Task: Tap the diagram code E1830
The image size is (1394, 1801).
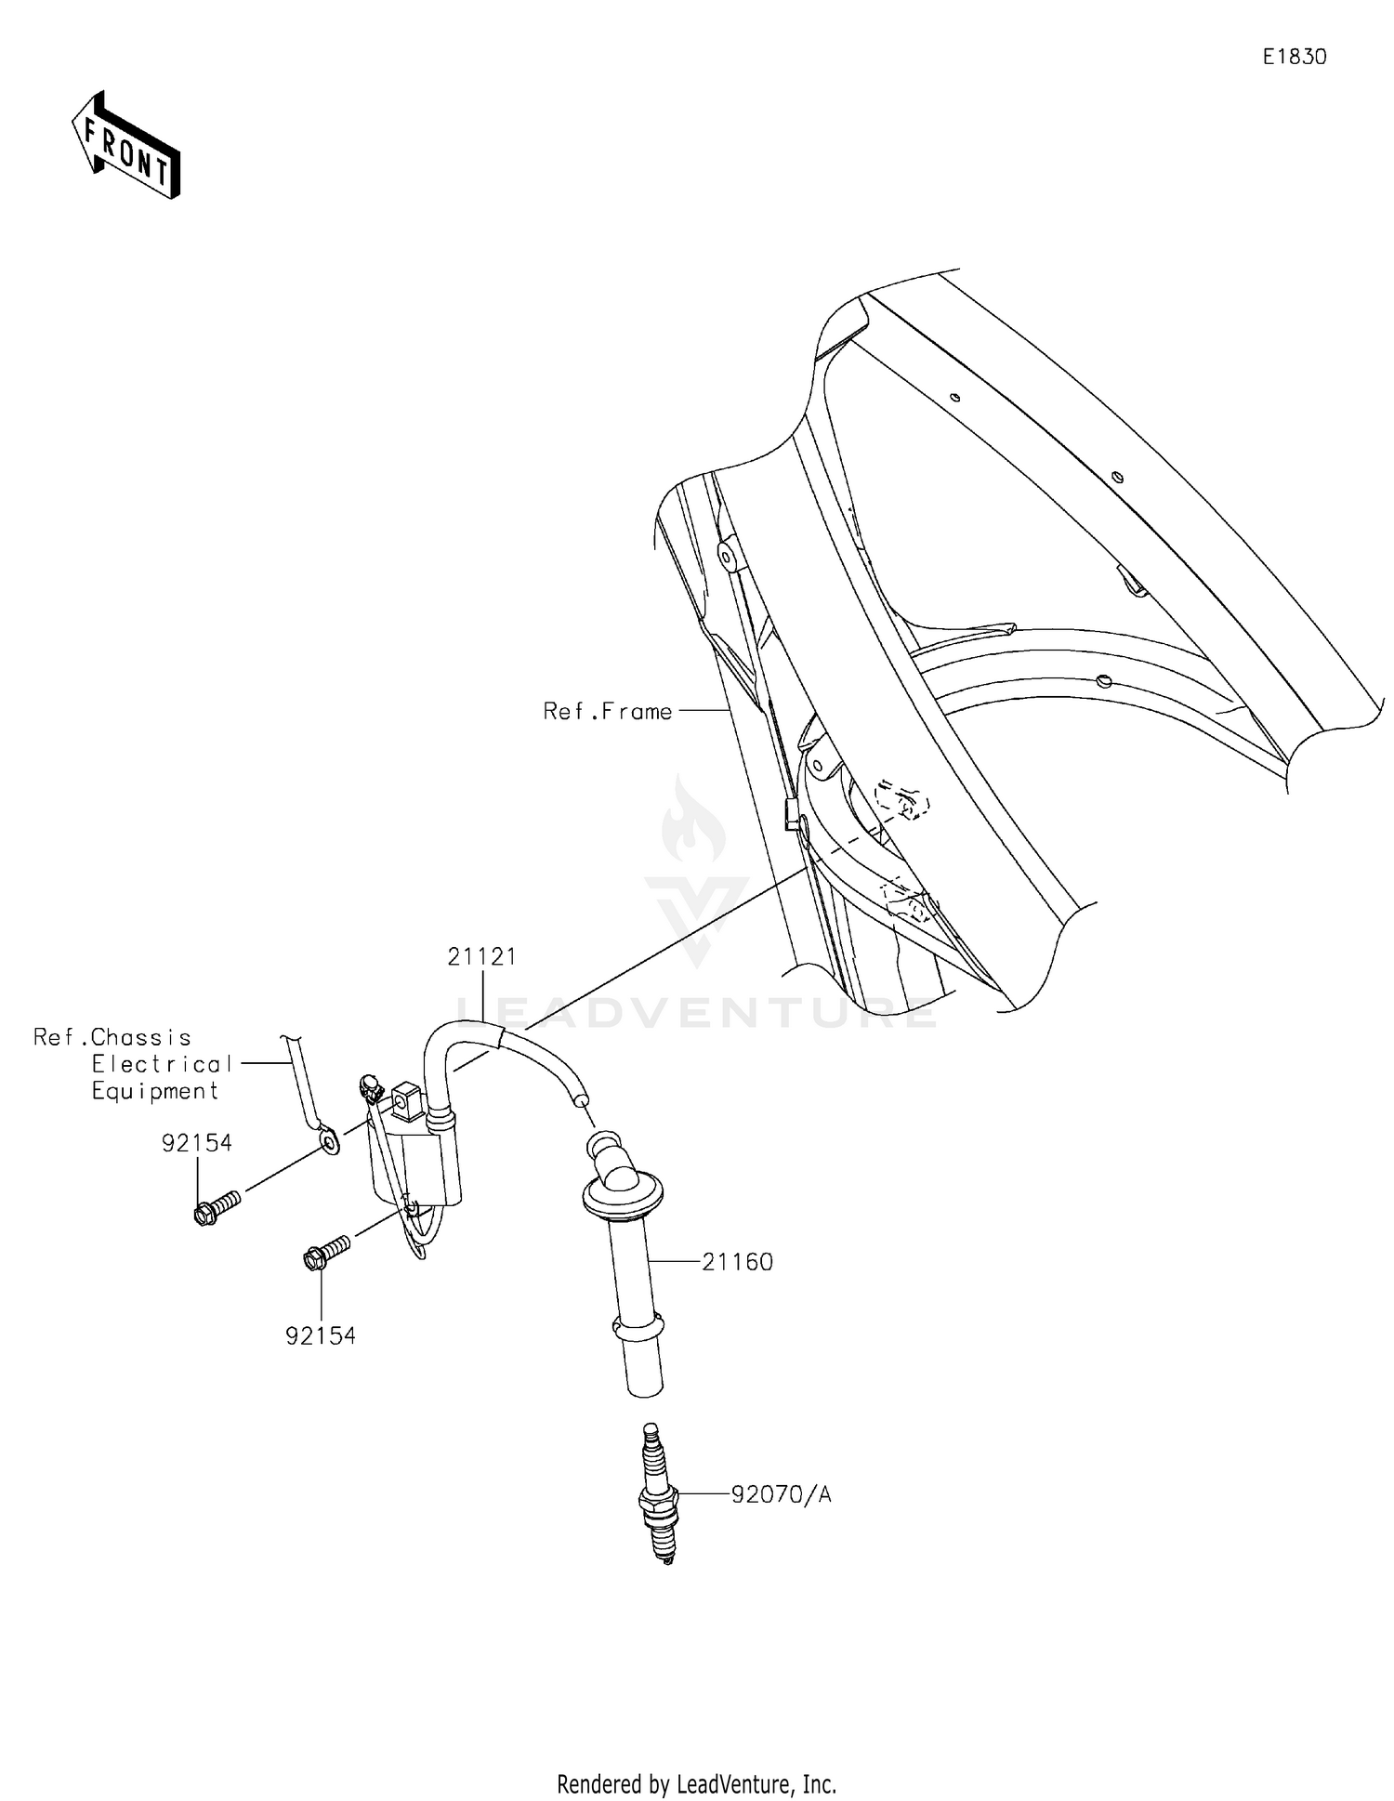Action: pos(1294,57)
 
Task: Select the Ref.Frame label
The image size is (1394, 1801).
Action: pos(607,712)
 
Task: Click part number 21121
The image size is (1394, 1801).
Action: pos(481,956)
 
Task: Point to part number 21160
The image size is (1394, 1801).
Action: pos(737,1262)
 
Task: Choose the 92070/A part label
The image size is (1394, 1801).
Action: pos(781,1495)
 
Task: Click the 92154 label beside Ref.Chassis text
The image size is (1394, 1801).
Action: pos(196,1143)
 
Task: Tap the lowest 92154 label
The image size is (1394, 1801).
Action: pos(320,1335)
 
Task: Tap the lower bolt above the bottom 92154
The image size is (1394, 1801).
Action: pos(326,1252)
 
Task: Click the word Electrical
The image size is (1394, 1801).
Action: pos(162,1064)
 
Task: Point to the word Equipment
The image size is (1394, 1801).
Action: pos(155,1091)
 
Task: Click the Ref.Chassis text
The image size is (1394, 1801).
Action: pos(112,1037)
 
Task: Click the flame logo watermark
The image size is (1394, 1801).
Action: pos(694,822)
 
